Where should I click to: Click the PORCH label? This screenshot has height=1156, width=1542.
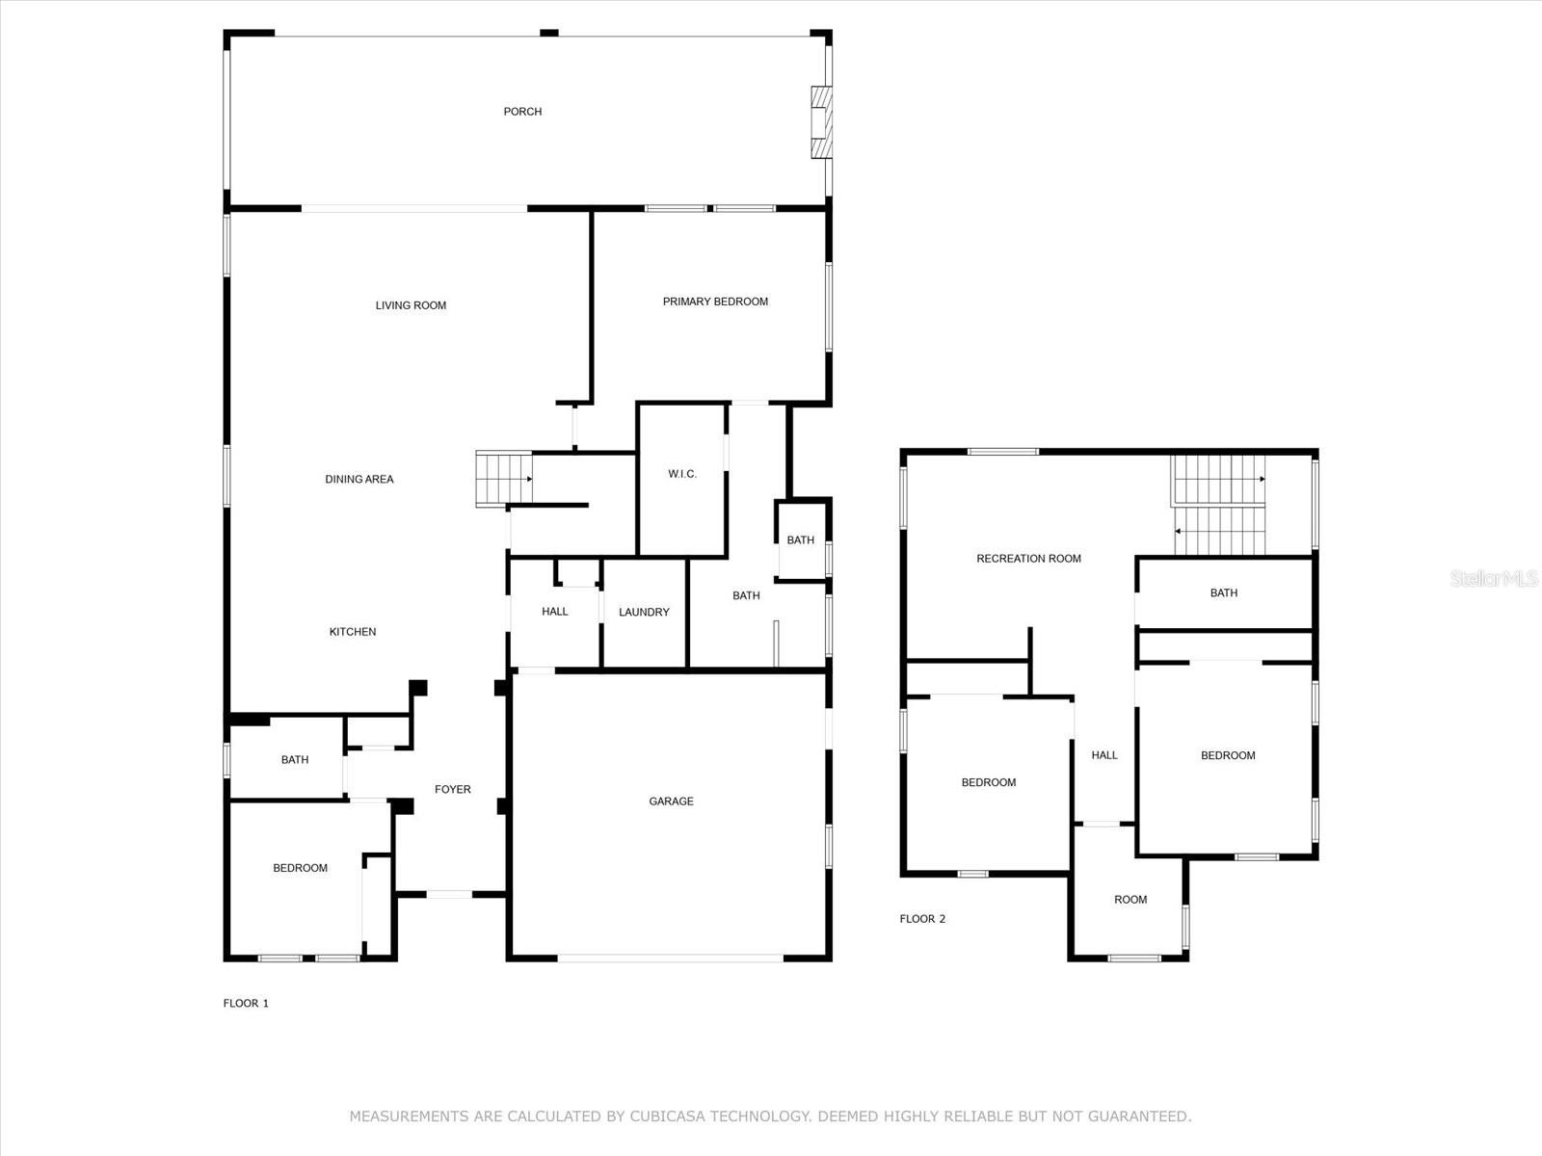pyautogui.click(x=522, y=112)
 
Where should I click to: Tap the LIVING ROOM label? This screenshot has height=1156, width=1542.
pyautogui.click(x=411, y=305)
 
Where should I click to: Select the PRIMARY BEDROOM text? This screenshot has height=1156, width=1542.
pyautogui.click(x=715, y=302)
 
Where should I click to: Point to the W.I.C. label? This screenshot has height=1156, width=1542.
pyautogui.click(x=682, y=474)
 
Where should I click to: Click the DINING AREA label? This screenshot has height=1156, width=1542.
pyautogui.click(x=359, y=480)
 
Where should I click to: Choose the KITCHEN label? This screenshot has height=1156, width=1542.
pyautogui.click(x=353, y=632)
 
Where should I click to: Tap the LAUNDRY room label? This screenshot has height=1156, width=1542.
pyautogui.click(x=644, y=612)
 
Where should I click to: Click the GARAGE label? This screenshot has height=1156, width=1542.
pyautogui.click(x=671, y=801)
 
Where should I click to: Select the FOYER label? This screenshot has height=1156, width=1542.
pyautogui.click(x=452, y=789)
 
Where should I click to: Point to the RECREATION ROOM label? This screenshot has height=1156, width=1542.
pyautogui.click(x=1028, y=559)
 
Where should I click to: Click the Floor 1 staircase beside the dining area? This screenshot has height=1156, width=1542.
pyautogui.click(x=504, y=479)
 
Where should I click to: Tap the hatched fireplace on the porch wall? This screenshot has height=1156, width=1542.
pyautogui.click(x=821, y=122)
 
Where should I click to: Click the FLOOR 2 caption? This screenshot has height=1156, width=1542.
pyautogui.click(x=922, y=919)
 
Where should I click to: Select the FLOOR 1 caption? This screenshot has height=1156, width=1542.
pyautogui.click(x=246, y=1003)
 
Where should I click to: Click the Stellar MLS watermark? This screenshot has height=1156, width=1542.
pyautogui.click(x=1494, y=578)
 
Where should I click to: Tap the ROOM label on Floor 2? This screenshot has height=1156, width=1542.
pyautogui.click(x=1130, y=900)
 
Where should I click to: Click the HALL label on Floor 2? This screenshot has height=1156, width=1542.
pyautogui.click(x=1104, y=755)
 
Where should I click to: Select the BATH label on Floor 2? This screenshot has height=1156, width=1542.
pyautogui.click(x=1224, y=593)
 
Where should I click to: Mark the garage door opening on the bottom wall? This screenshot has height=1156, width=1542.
pyautogui.click(x=670, y=958)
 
